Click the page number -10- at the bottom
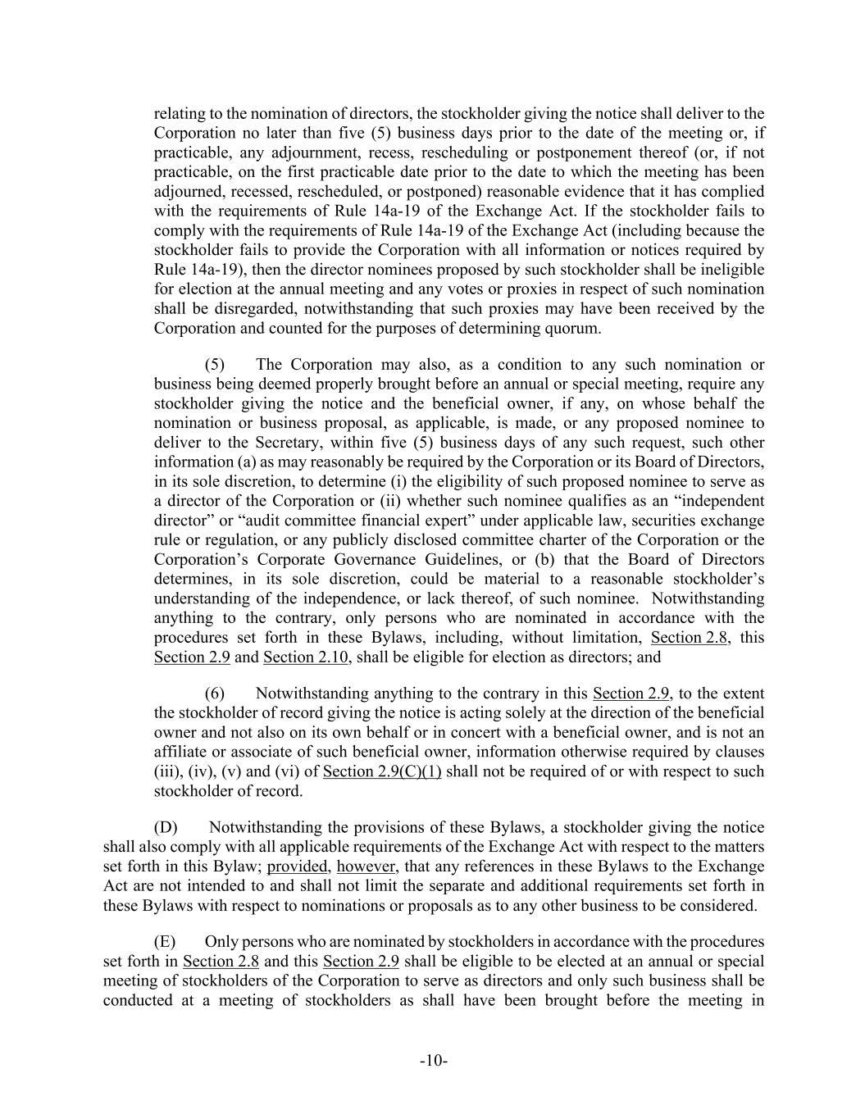[433, 1062]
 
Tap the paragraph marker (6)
[215, 694]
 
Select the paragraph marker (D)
[165, 827]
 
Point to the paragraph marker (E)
[165, 942]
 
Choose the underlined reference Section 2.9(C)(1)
[382, 771]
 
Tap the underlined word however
[366, 867]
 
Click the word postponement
[583, 152]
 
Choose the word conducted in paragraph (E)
[134, 1000]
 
